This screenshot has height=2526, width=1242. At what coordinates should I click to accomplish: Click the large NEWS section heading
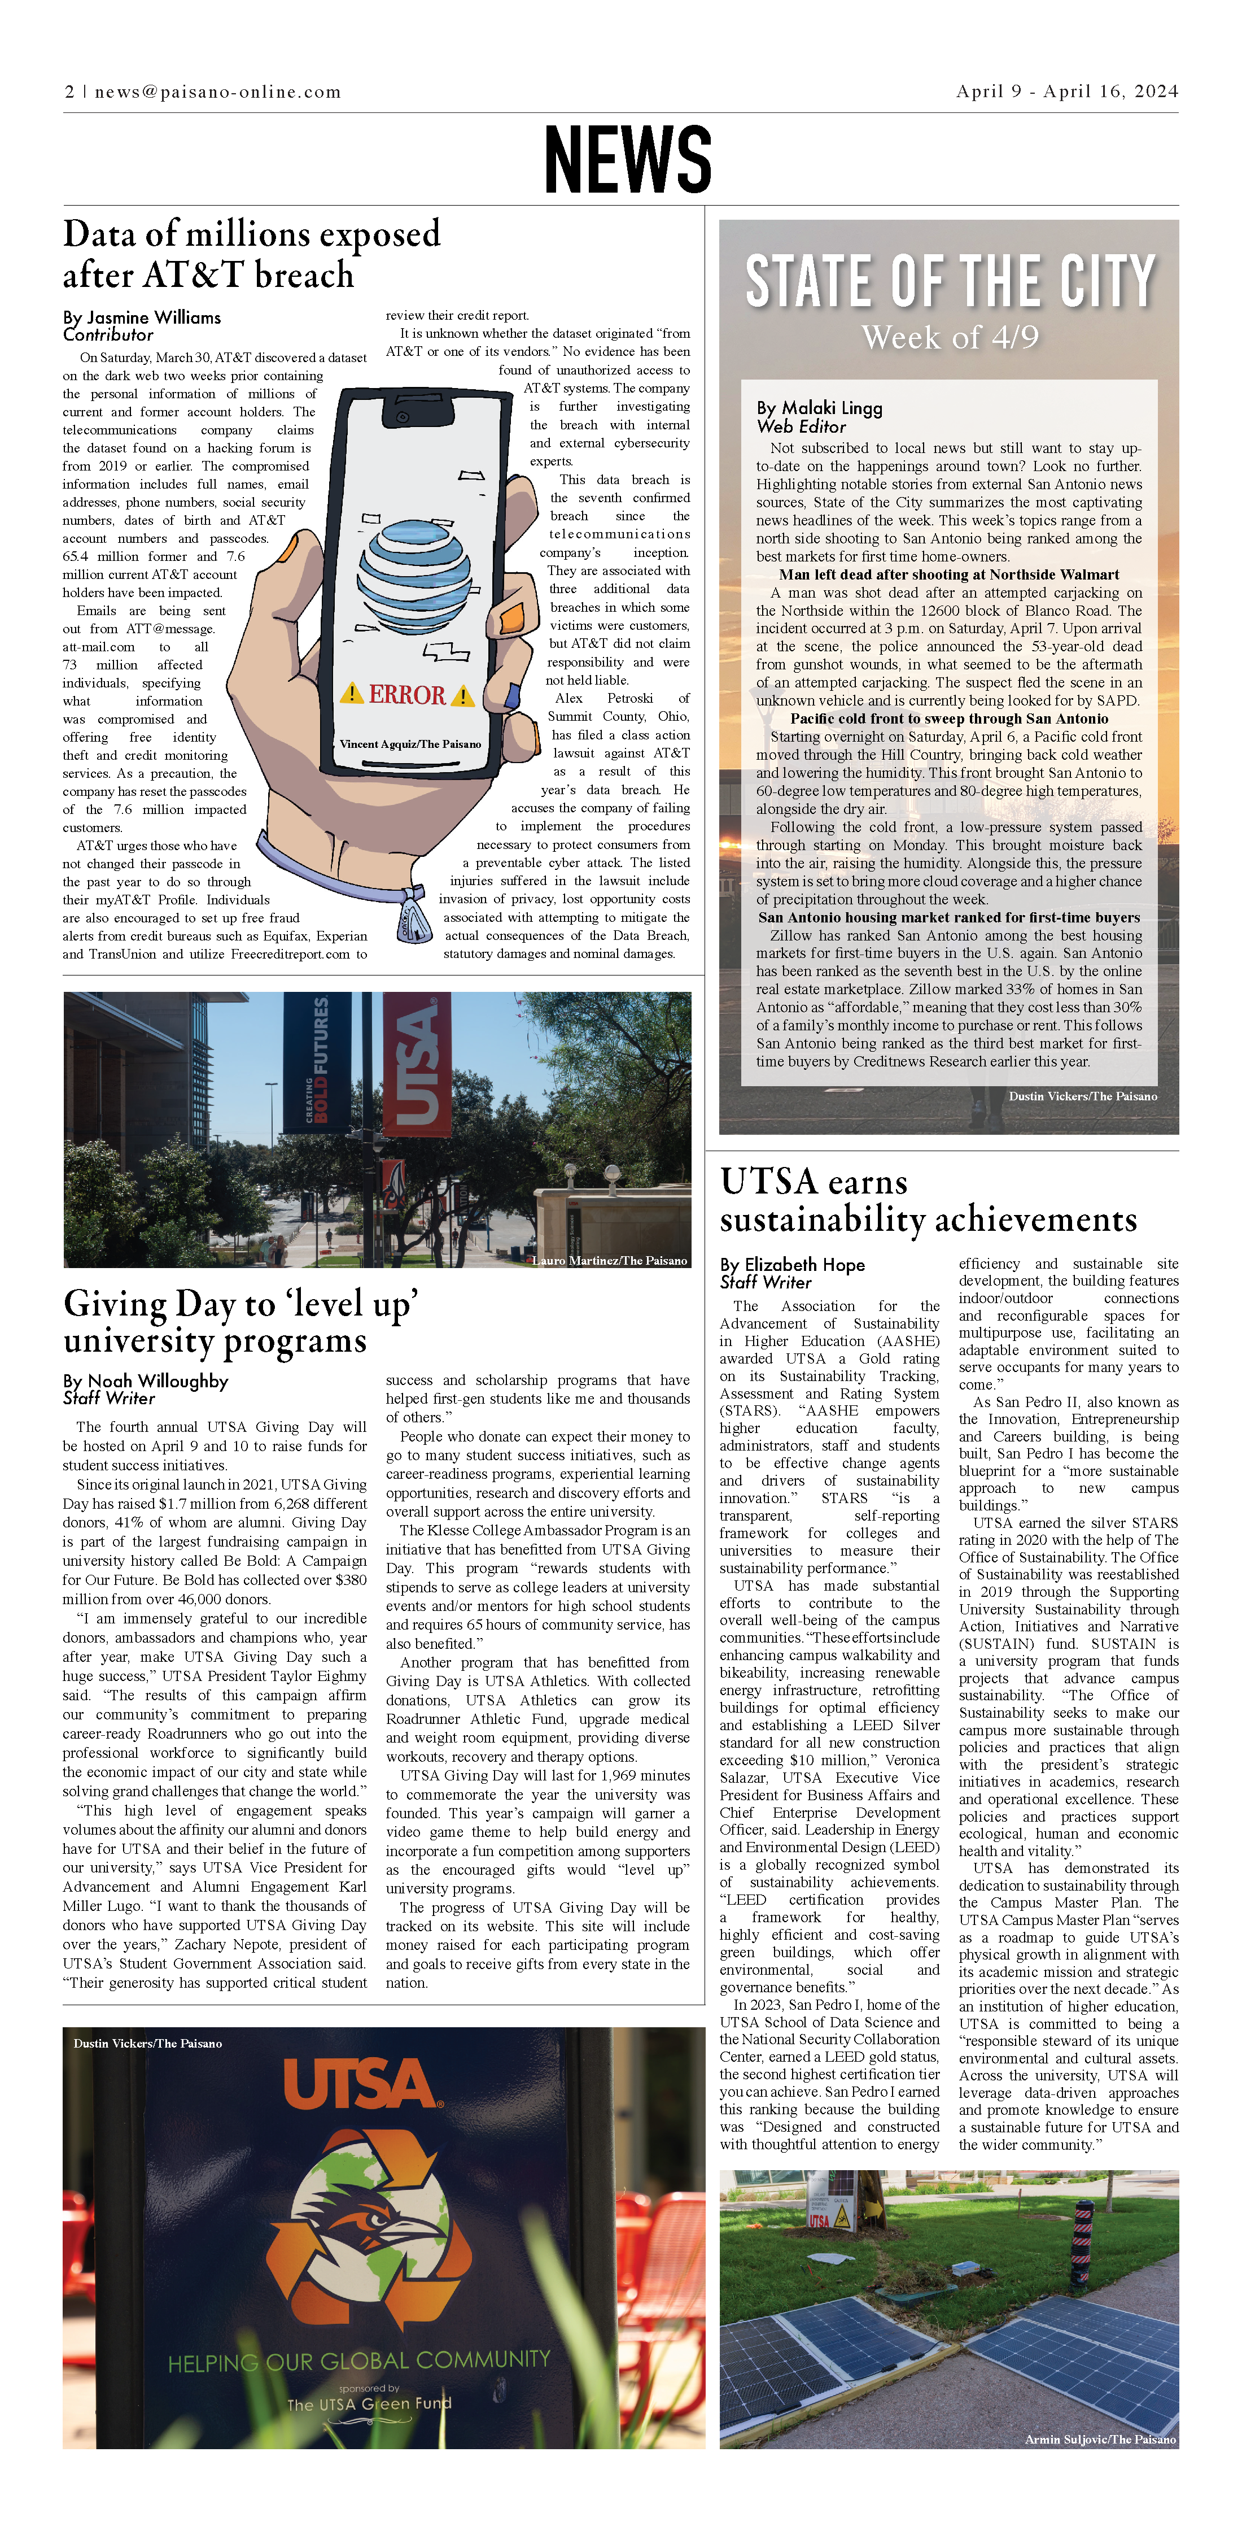(x=627, y=159)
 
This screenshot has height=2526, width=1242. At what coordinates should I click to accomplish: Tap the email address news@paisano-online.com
(x=217, y=92)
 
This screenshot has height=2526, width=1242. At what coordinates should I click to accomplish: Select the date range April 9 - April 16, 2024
(x=1066, y=91)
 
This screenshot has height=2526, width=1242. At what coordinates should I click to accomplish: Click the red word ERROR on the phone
(x=407, y=695)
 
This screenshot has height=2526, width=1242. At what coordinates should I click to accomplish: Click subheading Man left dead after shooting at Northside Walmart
(x=949, y=574)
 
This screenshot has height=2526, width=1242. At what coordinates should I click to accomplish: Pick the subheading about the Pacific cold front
(x=949, y=719)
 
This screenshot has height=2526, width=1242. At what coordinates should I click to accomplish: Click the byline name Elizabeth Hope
(x=805, y=1265)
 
